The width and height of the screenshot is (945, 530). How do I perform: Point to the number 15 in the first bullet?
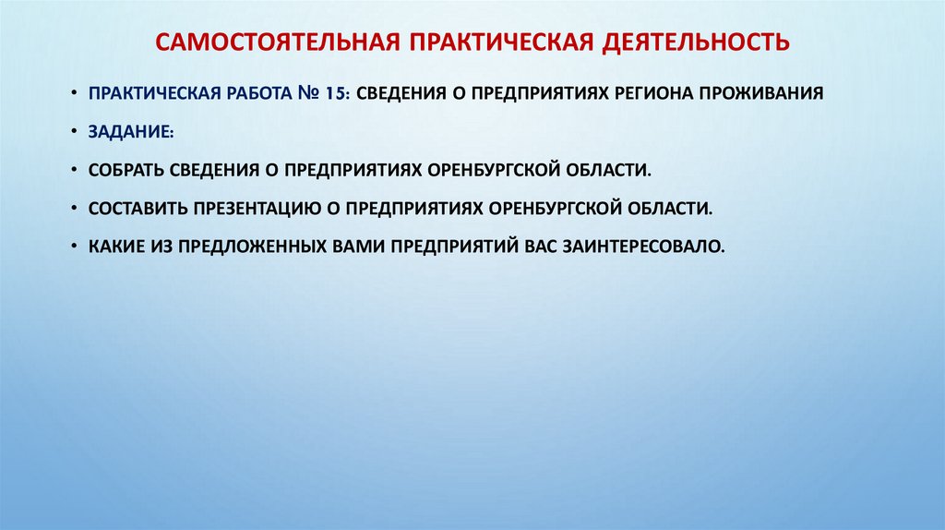pos(334,93)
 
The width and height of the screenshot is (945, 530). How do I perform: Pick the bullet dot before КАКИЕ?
pos(74,247)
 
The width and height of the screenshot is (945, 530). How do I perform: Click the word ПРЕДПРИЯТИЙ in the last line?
pos(451,247)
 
